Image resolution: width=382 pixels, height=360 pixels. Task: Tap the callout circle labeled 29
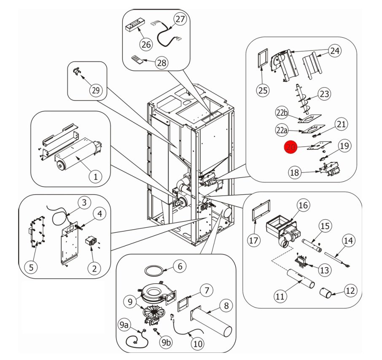pos(96,90)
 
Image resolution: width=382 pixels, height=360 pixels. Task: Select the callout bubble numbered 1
pos(95,177)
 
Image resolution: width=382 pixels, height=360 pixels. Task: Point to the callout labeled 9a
pos(124,325)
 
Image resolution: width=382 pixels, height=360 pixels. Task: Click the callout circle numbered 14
pos(348,241)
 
